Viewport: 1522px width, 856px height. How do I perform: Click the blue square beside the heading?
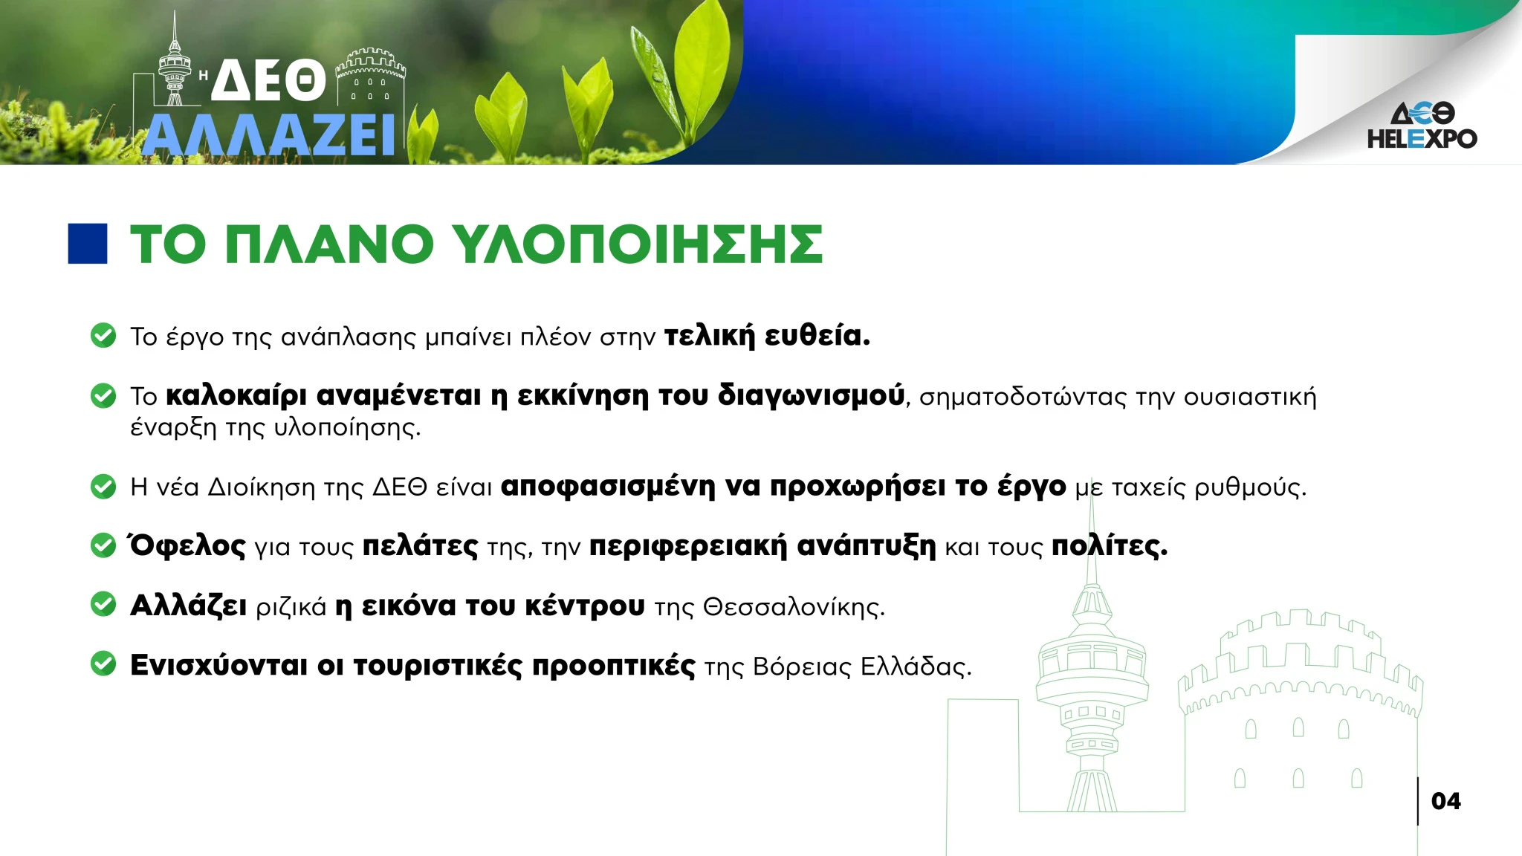click(88, 244)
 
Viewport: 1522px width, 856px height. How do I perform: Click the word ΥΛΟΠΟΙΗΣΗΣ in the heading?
click(638, 244)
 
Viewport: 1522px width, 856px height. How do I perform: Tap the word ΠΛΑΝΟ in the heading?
click(328, 244)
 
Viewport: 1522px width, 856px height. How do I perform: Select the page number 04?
click(1445, 801)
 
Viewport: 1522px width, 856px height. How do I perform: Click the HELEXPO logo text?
click(1422, 139)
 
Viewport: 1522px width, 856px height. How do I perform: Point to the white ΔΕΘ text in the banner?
click(269, 80)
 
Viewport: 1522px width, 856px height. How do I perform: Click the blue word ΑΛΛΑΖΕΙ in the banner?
click(268, 135)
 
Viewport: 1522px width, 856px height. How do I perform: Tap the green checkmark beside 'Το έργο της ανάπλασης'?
click(103, 335)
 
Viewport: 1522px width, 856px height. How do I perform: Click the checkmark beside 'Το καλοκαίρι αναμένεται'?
click(103, 395)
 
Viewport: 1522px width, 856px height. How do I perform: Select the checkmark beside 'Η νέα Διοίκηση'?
click(103, 486)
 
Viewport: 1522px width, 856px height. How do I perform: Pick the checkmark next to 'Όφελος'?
click(103, 545)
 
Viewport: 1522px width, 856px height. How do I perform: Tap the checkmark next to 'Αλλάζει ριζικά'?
click(103, 605)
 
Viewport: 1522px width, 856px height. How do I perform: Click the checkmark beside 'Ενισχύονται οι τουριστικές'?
click(103, 664)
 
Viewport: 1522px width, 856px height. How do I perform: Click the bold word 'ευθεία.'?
click(817, 336)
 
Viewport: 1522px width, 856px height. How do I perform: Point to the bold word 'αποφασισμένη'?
click(608, 487)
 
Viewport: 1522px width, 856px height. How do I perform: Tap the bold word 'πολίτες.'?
click(1110, 546)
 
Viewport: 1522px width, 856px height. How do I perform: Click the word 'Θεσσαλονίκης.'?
click(794, 607)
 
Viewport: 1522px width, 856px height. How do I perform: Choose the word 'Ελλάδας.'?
click(916, 667)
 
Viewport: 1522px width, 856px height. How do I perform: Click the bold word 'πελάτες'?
click(420, 546)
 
